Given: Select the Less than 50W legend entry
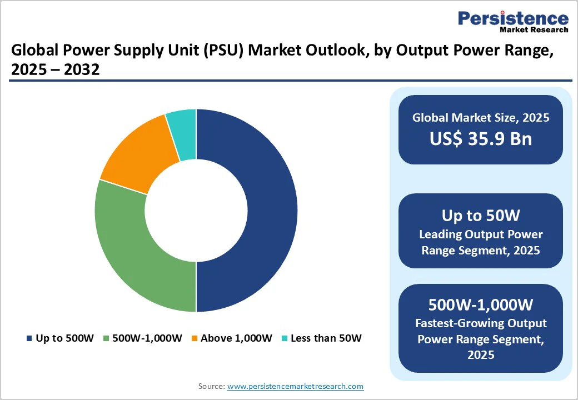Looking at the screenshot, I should [x=321, y=338].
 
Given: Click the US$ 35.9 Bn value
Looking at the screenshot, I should [x=481, y=139].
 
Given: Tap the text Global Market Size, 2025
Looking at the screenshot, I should [x=481, y=117].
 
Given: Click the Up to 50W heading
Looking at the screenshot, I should [x=481, y=216].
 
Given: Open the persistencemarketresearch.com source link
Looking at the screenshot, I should [x=295, y=386].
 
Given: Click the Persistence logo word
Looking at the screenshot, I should [x=513, y=18].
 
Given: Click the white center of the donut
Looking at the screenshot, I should [x=196, y=211].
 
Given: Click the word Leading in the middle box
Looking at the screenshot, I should [x=440, y=234].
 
